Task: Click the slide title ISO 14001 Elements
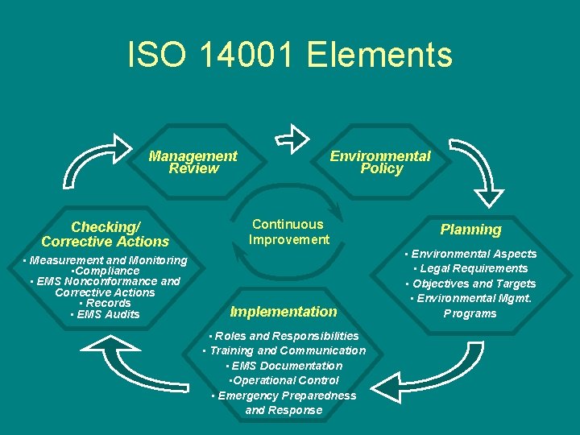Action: click(x=290, y=55)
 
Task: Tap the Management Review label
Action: click(x=193, y=162)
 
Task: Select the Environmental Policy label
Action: click(x=380, y=162)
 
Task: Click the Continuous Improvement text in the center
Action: click(x=288, y=232)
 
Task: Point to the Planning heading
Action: click(x=470, y=230)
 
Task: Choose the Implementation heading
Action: click(x=284, y=312)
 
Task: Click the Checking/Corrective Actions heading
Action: click(x=106, y=234)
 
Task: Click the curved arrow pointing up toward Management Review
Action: click(x=89, y=165)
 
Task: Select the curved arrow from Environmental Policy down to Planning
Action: click(x=481, y=170)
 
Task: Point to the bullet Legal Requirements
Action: click(x=470, y=268)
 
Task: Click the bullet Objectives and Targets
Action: click(x=470, y=284)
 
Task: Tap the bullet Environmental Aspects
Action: click(x=470, y=254)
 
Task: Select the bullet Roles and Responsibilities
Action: click(x=284, y=335)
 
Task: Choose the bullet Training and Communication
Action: click(x=284, y=350)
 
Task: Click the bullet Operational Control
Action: click(x=284, y=380)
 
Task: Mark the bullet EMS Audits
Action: click(x=106, y=314)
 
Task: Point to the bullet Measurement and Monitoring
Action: click(x=106, y=260)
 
